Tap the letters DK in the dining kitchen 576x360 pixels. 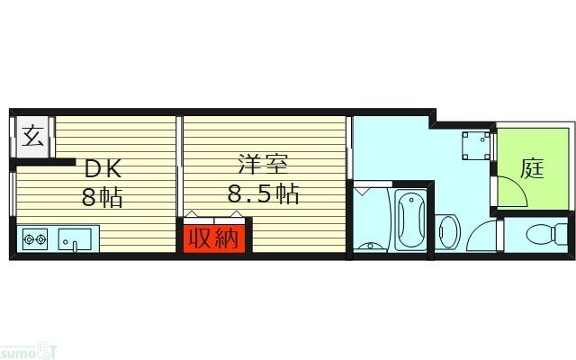click(103, 168)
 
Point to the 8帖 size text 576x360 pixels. click(103, 195)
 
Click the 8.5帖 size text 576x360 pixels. click(263, 193)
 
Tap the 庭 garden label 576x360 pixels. click(533, 168)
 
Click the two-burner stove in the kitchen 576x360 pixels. click(35, 239)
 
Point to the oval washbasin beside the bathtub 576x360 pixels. click(447, 233)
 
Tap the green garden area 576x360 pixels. click(531, 148)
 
